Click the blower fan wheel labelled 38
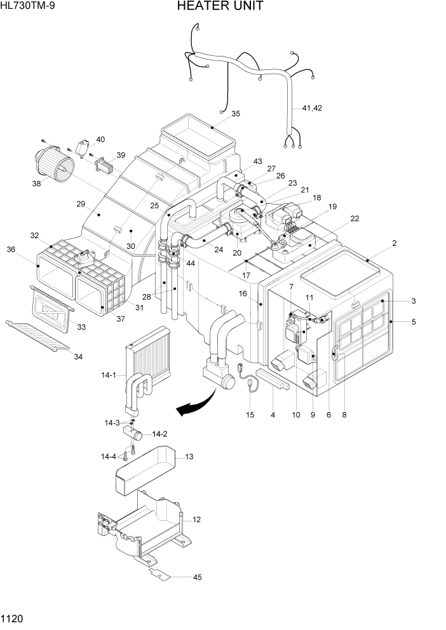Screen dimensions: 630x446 (x=54, y=162)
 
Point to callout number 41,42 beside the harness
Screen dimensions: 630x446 (x=312, y=108)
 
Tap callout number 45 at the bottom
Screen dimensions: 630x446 (x=197, y=577)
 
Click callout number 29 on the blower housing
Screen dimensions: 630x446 (x=81, y=204)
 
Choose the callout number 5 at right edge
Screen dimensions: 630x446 (x=414, y=322)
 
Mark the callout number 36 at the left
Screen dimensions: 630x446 (x=11, y=250)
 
